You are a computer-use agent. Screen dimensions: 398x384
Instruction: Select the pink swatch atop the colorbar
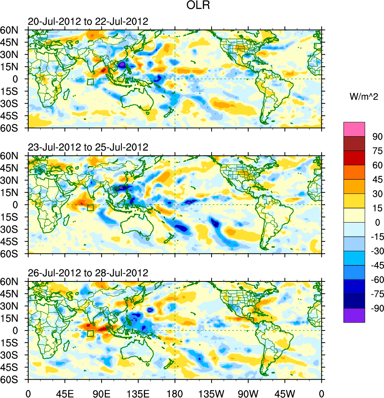click(x=354, y=129)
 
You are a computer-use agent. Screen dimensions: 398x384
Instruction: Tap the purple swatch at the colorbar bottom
click(x=354, y=315)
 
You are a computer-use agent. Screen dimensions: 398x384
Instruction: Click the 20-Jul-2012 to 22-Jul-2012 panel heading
click(x=88, y=21)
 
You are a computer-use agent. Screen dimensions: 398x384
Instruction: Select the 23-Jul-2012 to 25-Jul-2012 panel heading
click(x=88, y=147)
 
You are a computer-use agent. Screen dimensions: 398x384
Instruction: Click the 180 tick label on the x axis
click(x=175, y=393)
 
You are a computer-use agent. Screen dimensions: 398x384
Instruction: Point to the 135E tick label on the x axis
click(x=138, y=393)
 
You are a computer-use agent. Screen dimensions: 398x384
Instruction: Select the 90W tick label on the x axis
click(x=248, y=393)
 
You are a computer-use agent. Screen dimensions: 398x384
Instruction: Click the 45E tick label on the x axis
click(x=65, y=393)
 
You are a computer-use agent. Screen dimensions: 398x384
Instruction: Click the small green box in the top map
click(x=91, y=82)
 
